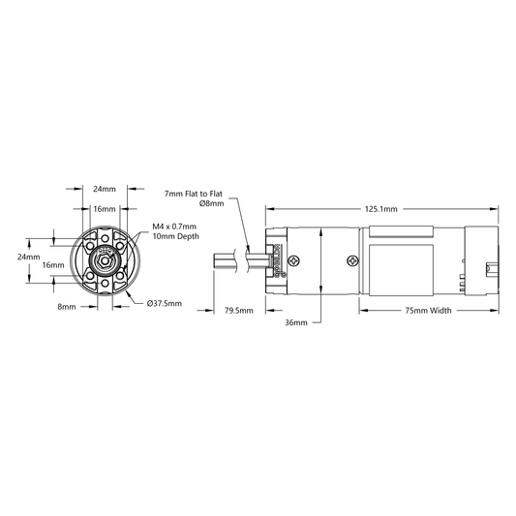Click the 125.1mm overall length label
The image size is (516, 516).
tap(380, 209)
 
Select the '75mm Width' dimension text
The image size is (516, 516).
tap(428, 311)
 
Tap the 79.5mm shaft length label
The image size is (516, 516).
tap(239, 311)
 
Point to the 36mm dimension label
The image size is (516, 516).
tap(296, 322)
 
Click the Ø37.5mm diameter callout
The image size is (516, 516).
tap(165, 303)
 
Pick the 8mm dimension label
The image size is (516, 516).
tap(67, 307)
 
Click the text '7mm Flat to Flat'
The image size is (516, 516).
tap(194, 194)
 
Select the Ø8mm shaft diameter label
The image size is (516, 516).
tap(212, 203)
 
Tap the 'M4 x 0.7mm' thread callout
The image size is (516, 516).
tap(174, 227)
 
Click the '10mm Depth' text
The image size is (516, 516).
tap(176, 236)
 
